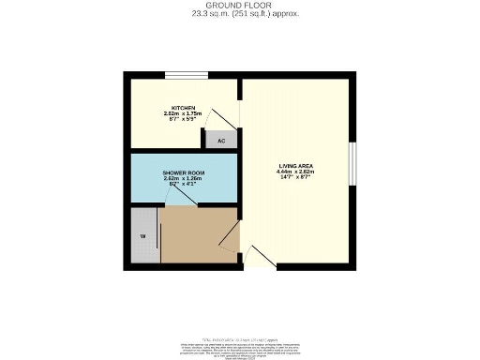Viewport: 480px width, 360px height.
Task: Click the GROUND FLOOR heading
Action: pyautogui.click(x=239, y=7)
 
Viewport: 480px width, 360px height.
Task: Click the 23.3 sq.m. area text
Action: pyautogui.click(x=239, y=15)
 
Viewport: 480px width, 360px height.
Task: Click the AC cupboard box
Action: pyautogui.click(x=221, y=141)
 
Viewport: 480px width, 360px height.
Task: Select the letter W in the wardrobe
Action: pyautogui.click(x=143, y=235)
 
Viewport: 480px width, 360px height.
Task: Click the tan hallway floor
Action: pyautogui.click(x=197, y=234)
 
